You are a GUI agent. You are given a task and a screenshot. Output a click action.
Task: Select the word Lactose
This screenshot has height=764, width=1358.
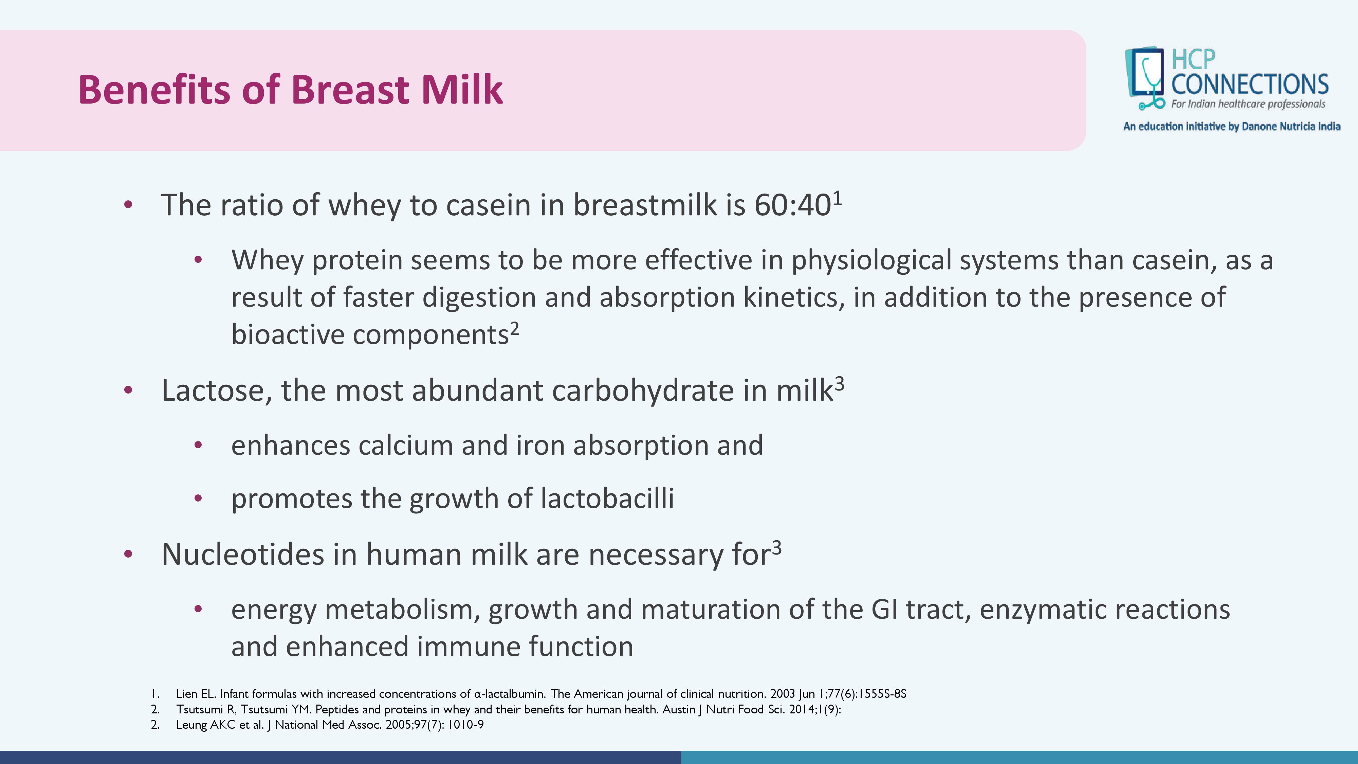217,391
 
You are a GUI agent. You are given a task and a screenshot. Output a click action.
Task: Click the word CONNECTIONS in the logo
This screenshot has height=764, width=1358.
1249,84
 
